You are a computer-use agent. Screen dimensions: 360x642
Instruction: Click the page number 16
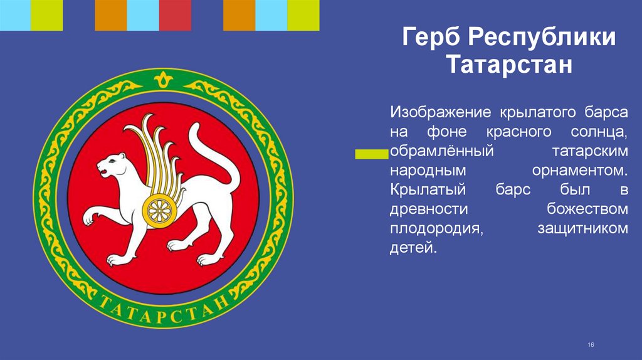[590, 346]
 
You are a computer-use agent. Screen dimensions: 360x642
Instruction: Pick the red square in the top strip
[175, 15]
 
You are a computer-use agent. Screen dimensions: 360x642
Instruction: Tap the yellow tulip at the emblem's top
[163, 80]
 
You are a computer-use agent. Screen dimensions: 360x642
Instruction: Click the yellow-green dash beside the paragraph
[371, 153]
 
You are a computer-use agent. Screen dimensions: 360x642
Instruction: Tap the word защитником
[582, 229]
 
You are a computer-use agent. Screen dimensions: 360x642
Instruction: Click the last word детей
[411, 248]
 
